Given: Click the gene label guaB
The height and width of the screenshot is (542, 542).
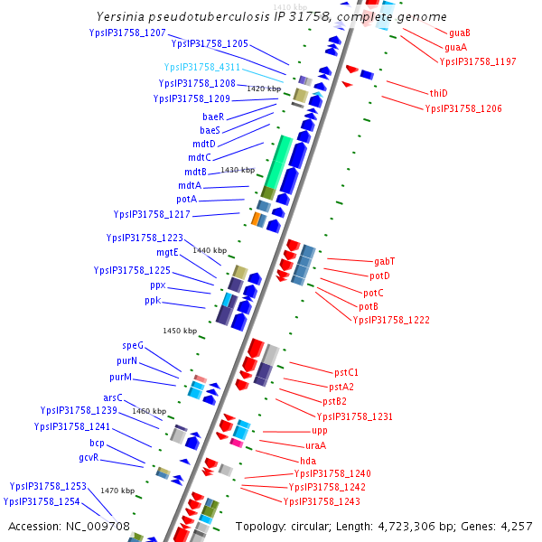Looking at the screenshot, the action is click(459, 33).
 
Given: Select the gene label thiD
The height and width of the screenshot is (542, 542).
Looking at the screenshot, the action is click(439, 93).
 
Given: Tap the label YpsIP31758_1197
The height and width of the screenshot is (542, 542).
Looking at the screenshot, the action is click(478, 61).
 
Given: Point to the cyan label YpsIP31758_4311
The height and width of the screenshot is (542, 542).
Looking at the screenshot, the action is click(201, 67).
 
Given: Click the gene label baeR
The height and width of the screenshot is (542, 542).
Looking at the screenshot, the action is click(213, 117).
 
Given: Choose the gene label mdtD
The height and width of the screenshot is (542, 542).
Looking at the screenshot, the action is click(204, 144).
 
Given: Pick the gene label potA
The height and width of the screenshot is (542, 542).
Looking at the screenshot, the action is click(187, 199).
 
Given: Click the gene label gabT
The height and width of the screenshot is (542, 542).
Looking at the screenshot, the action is click(384, 261).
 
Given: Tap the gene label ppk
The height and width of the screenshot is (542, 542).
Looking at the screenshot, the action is click(152, 300).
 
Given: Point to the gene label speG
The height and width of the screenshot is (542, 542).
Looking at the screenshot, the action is click(133, 345).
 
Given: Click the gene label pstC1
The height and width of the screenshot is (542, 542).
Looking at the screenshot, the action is click(346, 372).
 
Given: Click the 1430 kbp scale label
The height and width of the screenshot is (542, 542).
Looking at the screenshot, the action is click(238, 170).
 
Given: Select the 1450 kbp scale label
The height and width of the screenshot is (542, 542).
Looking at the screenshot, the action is click(180, 331).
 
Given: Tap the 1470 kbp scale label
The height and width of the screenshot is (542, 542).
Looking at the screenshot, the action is click(117, 491).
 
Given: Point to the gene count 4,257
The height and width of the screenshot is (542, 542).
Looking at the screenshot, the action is click(516, 526).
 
